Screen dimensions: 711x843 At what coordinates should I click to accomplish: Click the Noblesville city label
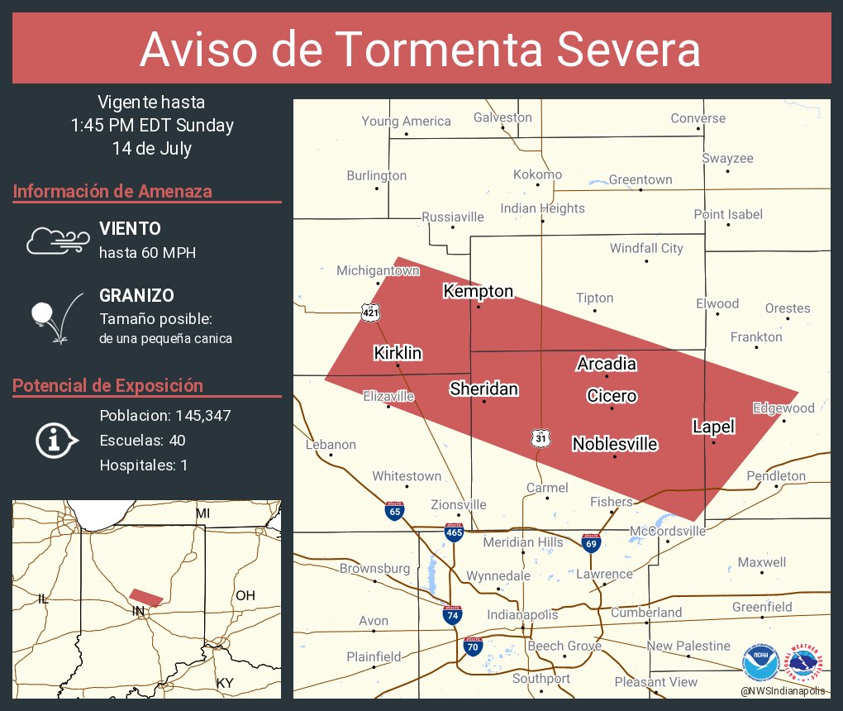[x=615, y=444]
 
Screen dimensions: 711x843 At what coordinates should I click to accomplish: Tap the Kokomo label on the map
[x=537, y=174]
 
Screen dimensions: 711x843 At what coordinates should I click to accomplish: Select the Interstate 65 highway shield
[x=394, y=510]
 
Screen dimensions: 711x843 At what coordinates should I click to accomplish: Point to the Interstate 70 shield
[x=472, y=646]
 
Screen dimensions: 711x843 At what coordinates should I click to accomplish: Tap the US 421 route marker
[x=369, y=312]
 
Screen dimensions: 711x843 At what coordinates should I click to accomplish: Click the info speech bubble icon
[x=55, y=440]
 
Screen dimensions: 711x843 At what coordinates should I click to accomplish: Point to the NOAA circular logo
[x=760, y=663]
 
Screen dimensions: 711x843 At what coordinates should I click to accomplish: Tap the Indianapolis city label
[x=522, y=614]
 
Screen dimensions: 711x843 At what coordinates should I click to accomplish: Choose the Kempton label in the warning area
[x=478, y=291]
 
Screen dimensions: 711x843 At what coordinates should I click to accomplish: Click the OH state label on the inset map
[x=245, y=595]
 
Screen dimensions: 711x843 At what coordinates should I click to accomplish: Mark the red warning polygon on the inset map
[x=146, y=597]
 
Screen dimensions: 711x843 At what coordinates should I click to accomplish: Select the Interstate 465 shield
[x=454, y=532]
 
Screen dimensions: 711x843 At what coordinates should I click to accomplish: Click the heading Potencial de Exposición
[x=108, y=385]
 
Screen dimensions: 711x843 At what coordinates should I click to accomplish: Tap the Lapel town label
[x=713, y=427]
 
